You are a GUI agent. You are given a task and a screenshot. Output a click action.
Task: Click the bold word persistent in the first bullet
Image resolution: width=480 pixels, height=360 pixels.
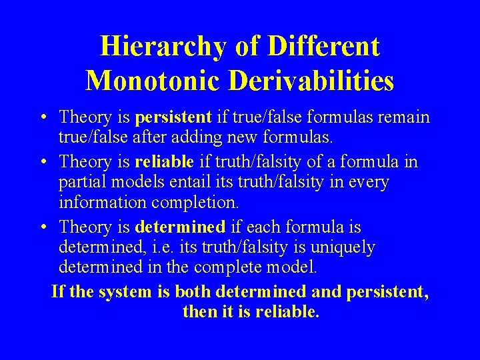click(173, 118)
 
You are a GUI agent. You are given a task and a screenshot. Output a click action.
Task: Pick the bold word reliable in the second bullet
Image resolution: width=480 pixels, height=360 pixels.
click(164, 161)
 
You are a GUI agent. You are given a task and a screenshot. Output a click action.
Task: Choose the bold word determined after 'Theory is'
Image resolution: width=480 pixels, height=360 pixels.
click(179, 227)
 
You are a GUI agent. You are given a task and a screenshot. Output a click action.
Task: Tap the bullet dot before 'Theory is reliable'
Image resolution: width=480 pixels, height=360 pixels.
click(42, 162)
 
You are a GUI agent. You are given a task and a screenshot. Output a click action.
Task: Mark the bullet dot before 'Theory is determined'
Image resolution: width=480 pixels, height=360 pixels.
click(42, 227)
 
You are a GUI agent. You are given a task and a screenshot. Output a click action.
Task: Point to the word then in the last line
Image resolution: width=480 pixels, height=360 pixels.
click(198, 313)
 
